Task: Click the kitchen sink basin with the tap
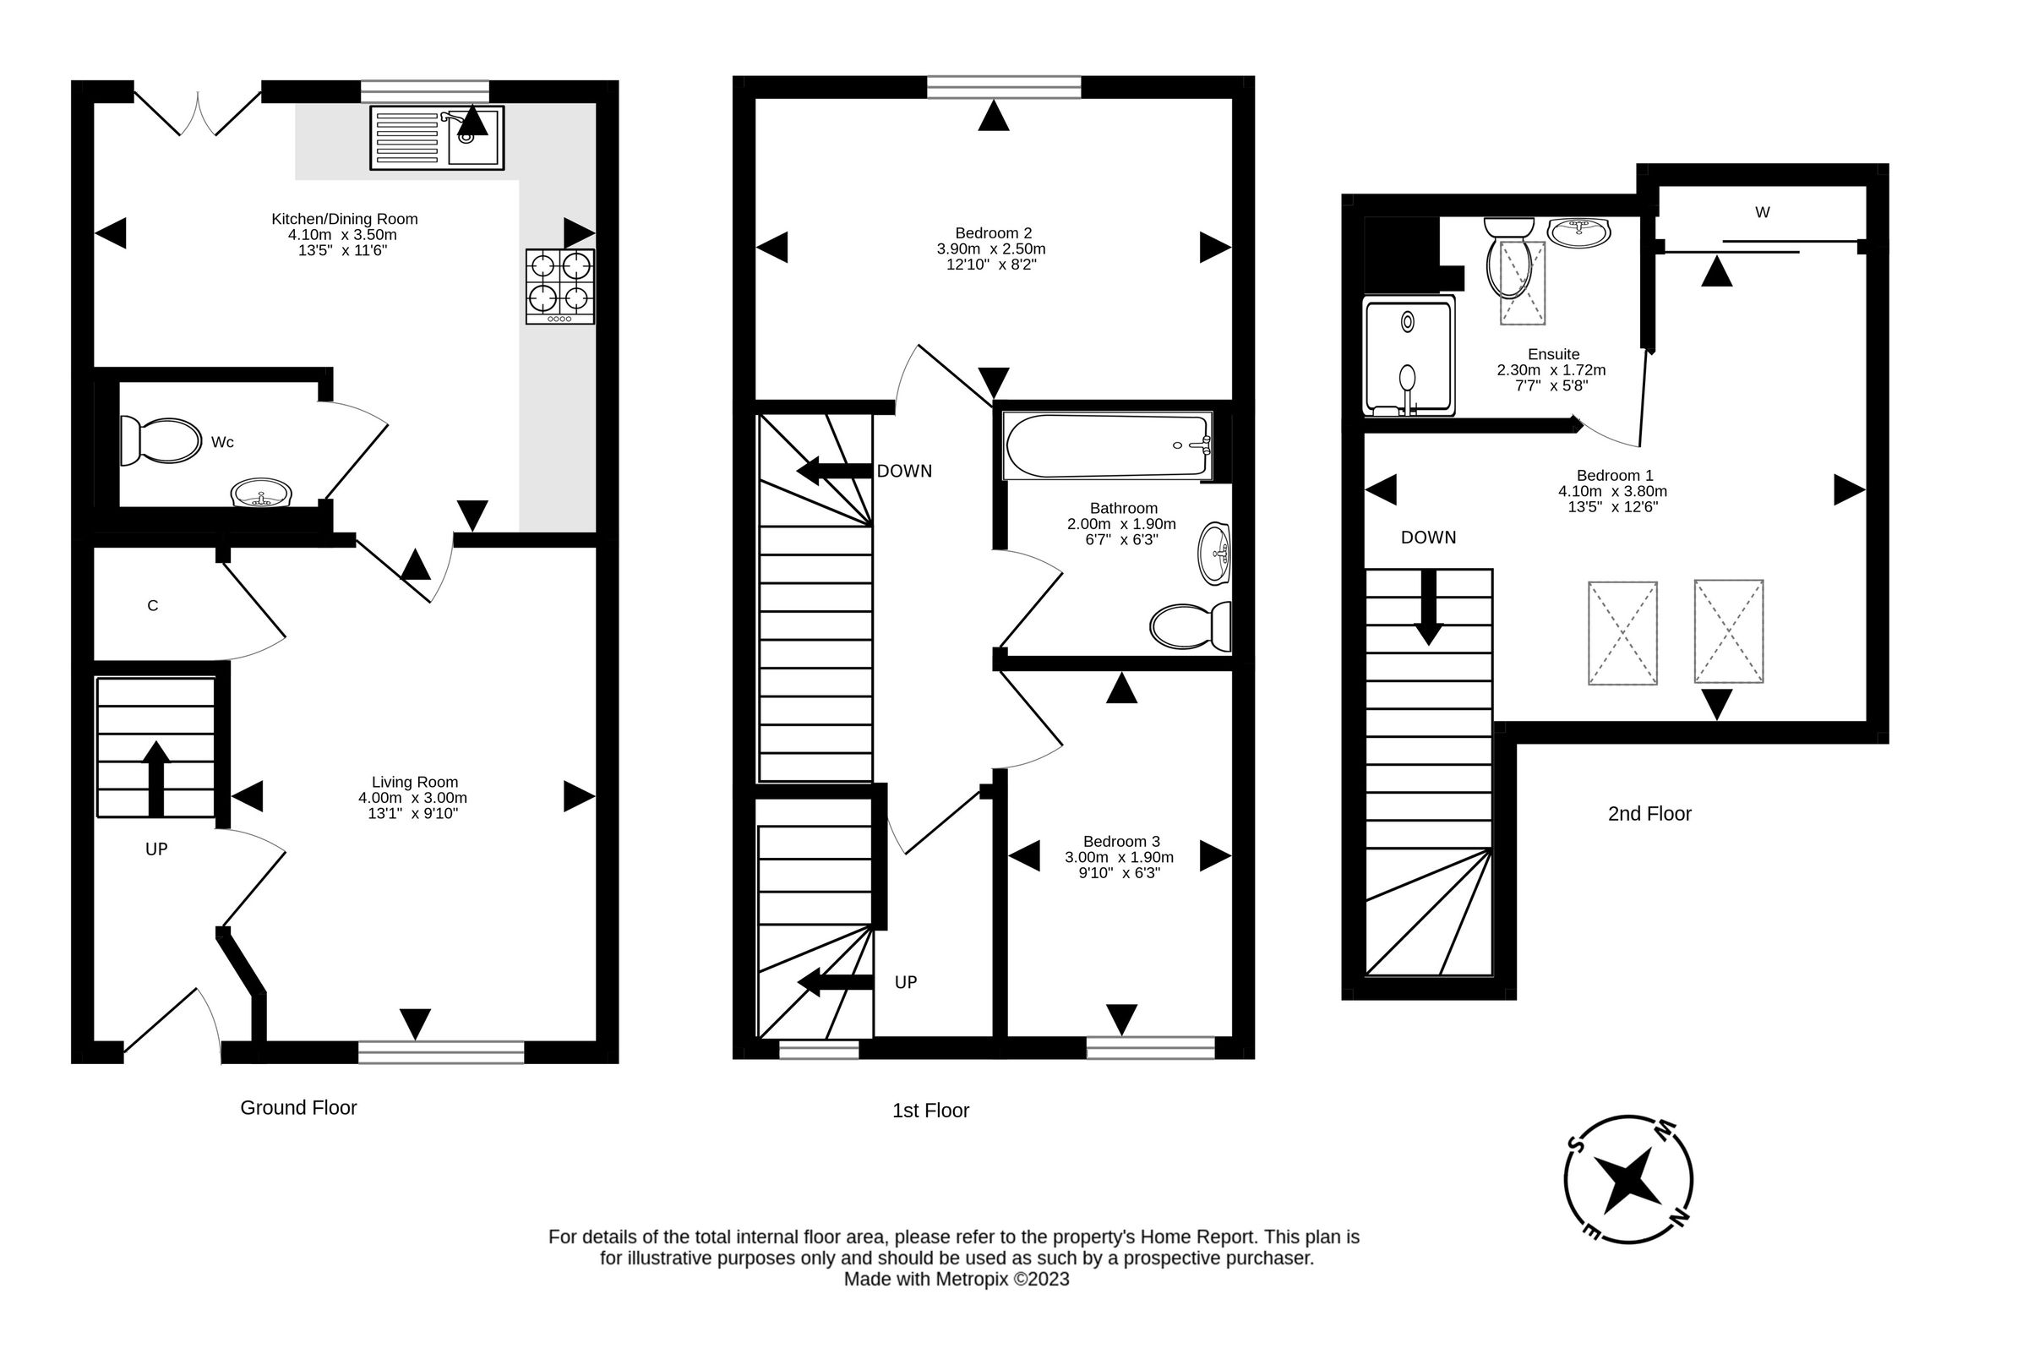pyautogui.click(x=473, y=137)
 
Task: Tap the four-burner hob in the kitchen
pyautogui.click(x=559, y=286)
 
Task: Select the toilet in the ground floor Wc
pyautogui.click(x=161, y=440)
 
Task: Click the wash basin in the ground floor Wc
pyautogui.click(x=262, y=494)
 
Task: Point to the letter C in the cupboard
pyautogui.click(x=153, y=605)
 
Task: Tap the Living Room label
pyautogui.click(x=414, y=782)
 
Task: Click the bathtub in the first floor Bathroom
pyautogui.click(x=1108, y=445)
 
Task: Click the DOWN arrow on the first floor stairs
pyautogui.click(x=833, y=471)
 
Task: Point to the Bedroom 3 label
pyautogui.click(x=1120, y=841)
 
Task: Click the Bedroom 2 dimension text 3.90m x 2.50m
pyautogui.click(x=991, y=248)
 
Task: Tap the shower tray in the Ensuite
pyautogui.click(x=1408, y=356)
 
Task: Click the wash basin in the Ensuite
pyautogui.click(x=1578, y=232)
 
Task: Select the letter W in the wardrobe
pyautogui.click(x=1762, y=211)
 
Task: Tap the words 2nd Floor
pyautogui.click(x=1649, y=813)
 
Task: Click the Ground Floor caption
pyautogui.click(x=297, y=1108)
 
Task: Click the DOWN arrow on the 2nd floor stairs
pyautogui.click(x=1429, y=607)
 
